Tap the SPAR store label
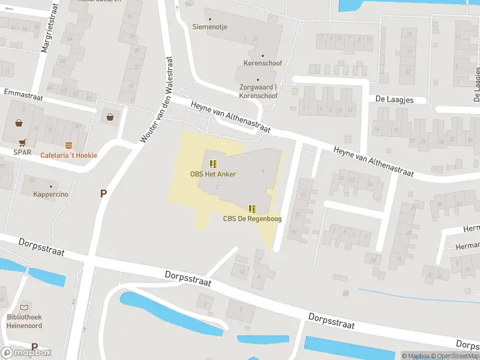22,152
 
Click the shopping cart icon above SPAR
22,143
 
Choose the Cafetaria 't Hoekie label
68,155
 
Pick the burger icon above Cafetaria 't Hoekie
68,145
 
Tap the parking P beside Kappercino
103,193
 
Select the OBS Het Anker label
213,174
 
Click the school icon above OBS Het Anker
213,164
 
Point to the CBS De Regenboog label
252,218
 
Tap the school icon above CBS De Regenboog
252,208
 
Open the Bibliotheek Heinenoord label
25,320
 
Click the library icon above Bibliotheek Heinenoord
25,307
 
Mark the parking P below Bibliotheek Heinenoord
34,347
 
